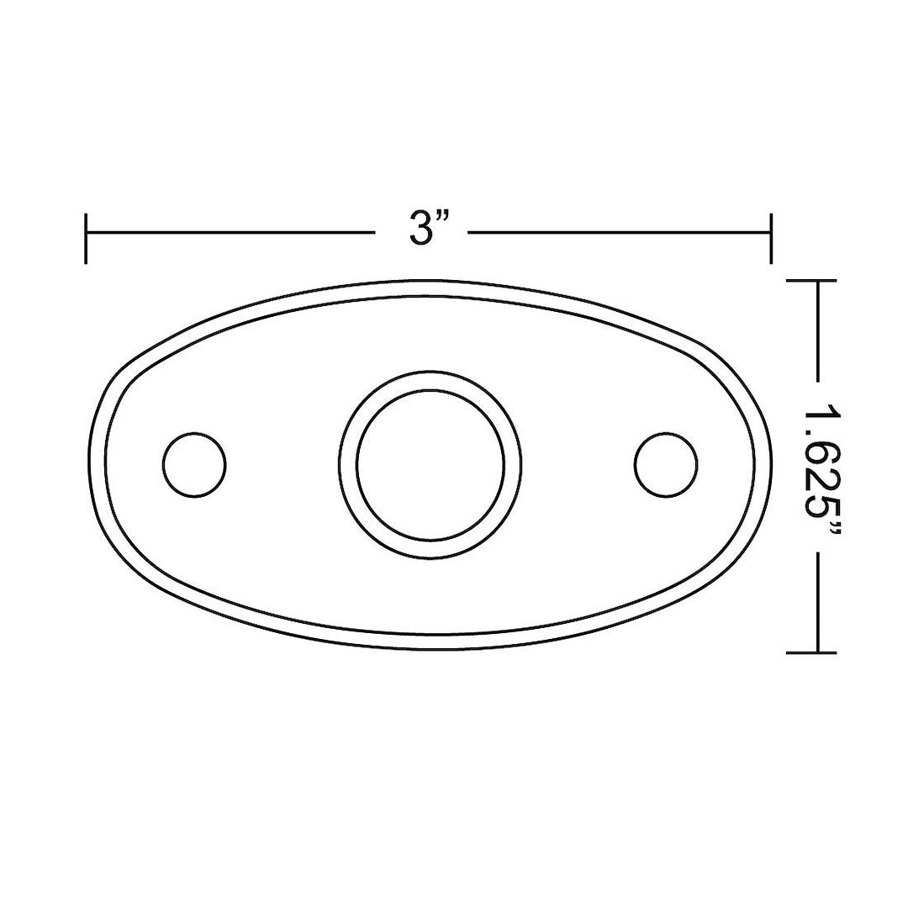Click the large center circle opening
[430, 465]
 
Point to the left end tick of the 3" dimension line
[87, 238]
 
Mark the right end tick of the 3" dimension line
[770, 238]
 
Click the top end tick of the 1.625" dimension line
[812, 282]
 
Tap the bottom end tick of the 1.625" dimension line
[812, 652]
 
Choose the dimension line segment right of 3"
[618, 231]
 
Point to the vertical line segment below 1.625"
[818, 601]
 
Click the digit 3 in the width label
[420, 228]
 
